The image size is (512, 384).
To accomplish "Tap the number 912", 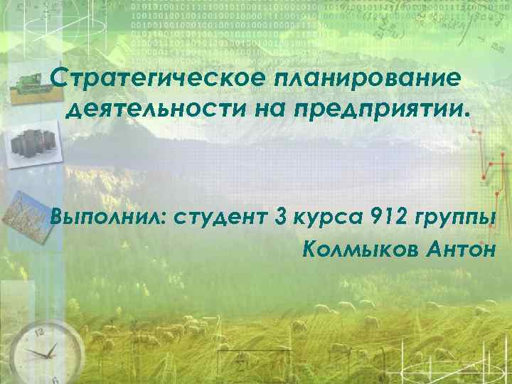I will pos(390,215).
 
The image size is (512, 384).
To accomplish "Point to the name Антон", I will pos(472,249).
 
